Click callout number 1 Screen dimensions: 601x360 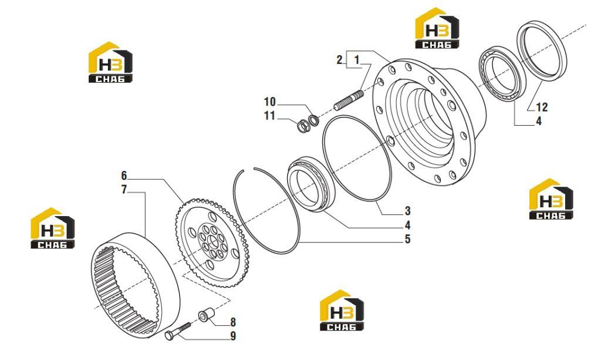(357, 60)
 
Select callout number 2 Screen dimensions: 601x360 (340, 60)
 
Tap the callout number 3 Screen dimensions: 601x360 (407, 210)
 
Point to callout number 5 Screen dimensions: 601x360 (407, 239)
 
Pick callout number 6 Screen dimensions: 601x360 (124, 176)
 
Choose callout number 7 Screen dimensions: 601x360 (124, 189)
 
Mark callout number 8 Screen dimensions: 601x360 (233, 322)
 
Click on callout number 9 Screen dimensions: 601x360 (233, 337)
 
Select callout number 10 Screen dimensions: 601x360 (270, 102)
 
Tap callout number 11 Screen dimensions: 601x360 (269, 115)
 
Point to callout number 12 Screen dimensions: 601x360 (542, 107)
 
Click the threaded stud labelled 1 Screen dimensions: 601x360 (349, 100)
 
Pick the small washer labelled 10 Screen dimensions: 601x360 (314, 120)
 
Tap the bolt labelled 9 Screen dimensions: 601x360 (178, 331)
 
